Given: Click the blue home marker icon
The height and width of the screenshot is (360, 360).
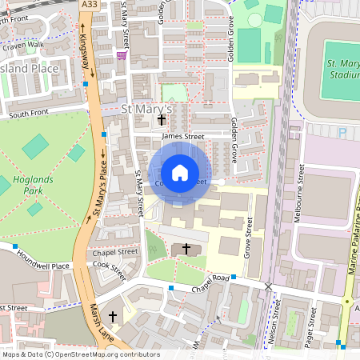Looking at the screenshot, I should tap(180, 172).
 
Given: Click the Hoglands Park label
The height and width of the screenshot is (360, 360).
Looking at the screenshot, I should tap(34, 186).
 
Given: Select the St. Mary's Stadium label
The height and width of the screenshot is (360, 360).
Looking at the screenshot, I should tap(342, 69).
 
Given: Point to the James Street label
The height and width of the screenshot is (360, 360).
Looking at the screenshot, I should tap(183, 137).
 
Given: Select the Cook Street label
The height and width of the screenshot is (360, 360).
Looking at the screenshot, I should tap(110, 269).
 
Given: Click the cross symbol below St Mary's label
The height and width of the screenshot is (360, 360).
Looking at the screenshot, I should tap(162, 120).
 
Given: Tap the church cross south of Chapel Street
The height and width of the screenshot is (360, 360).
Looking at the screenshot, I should tap(186, 250).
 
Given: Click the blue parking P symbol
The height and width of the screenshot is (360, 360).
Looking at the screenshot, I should tap(343, 132).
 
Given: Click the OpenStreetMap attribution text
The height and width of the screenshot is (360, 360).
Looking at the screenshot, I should tap(80, 354).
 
